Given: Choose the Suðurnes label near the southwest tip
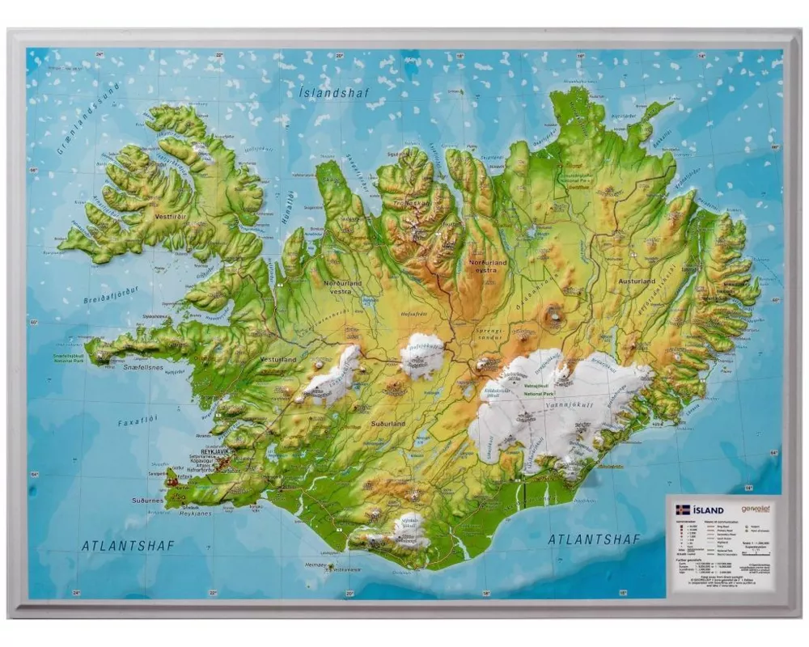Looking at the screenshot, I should tap(147, 501).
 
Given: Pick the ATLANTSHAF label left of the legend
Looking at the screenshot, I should tap(594, 539).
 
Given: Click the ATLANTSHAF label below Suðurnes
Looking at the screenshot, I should tap(128, 546).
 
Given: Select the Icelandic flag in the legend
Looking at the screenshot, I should tap(682, 510).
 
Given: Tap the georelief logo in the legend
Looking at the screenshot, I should tap(756, 510).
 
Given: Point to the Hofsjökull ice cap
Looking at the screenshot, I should tap(422, 356).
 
